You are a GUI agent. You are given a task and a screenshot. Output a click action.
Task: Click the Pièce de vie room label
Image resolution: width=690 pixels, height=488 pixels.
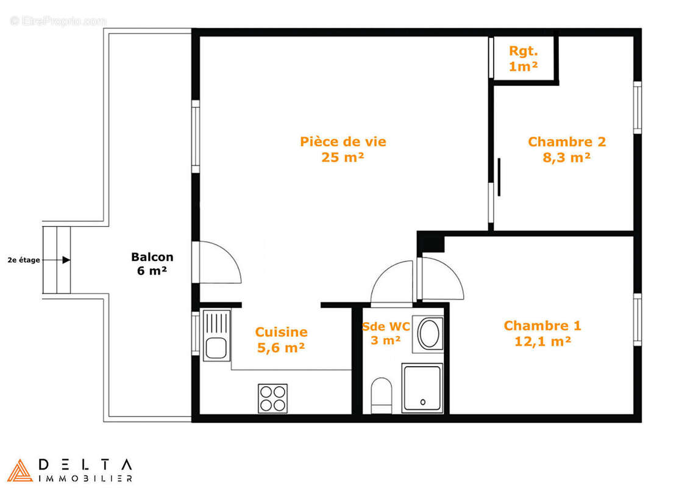tap(343, 142)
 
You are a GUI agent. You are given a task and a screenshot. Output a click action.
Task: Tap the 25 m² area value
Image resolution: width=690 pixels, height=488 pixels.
tap(343, 157)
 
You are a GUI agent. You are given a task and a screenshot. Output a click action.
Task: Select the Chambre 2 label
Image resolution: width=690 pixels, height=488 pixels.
tap(566, 142)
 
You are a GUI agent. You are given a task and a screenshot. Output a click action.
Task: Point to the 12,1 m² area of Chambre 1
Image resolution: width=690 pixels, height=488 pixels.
tap(542, 342)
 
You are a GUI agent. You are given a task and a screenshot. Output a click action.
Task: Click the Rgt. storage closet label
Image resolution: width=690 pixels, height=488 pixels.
tap(523, 51)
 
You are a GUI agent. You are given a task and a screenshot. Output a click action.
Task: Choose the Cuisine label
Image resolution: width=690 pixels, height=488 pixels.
tap(281, 332)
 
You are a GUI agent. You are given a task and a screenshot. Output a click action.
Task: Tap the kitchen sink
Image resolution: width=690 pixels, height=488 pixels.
tap(216, 335)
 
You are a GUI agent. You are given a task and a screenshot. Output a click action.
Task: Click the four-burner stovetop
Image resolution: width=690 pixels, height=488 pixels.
tap(272, 398)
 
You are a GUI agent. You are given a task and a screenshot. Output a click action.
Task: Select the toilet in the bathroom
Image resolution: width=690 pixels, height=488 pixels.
tap(382, 395)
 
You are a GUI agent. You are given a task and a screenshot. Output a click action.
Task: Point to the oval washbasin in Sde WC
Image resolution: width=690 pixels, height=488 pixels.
tap(429, 334)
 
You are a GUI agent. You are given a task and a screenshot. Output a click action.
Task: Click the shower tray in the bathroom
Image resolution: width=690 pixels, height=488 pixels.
tap(422, 388)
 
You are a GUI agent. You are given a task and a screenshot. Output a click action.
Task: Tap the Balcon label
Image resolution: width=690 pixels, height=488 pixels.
tap(152, 257)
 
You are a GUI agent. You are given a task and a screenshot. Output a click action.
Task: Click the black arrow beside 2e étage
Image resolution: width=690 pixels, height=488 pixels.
tap(65, 260)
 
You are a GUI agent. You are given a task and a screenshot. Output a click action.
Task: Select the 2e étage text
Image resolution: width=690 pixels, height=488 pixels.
tap(24, 260)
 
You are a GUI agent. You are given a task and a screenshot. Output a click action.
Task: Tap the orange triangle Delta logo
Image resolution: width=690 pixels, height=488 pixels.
tap(20, 470)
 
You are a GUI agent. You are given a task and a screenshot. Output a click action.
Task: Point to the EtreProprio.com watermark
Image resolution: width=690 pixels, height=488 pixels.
tap(58, 21)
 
